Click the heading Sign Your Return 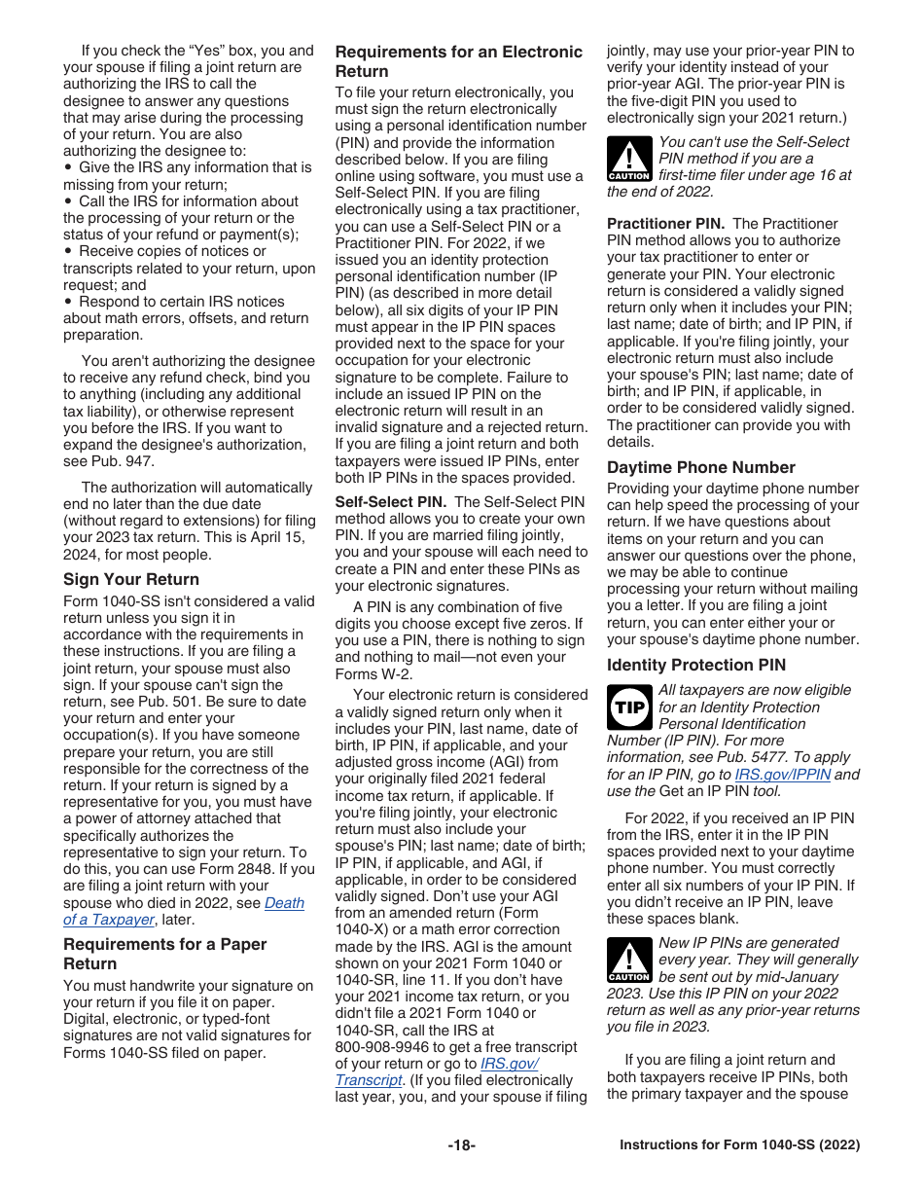131,580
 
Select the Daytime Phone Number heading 701,467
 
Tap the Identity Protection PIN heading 696,666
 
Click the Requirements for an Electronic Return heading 459,61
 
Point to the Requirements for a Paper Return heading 165,954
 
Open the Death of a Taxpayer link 184,911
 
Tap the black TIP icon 629,707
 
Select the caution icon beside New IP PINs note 629,961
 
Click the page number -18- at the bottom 461,1145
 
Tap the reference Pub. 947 124,461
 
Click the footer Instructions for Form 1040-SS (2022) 739,1145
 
